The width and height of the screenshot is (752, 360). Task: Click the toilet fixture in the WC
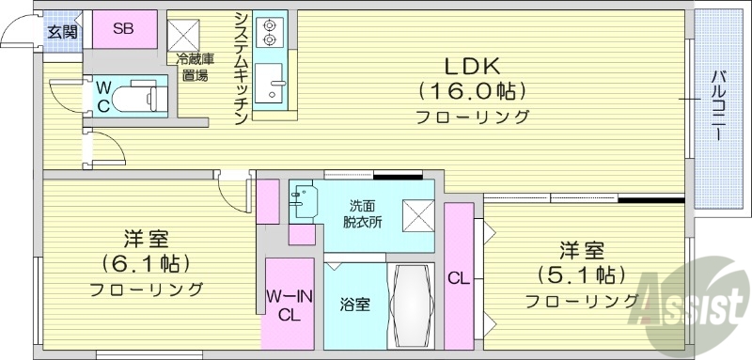[139, 96]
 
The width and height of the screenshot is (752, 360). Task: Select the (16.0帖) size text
[473, 92]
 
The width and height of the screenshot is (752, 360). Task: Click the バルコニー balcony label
[717, 103]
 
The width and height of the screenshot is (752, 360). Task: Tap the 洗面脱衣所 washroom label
[361, 213]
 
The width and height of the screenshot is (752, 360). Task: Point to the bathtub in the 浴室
[410, 305]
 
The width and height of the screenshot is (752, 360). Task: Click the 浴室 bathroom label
[355, 305]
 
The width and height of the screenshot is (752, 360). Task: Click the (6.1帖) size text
[145, 262]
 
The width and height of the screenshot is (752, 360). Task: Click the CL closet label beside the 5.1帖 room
[459, 278]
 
